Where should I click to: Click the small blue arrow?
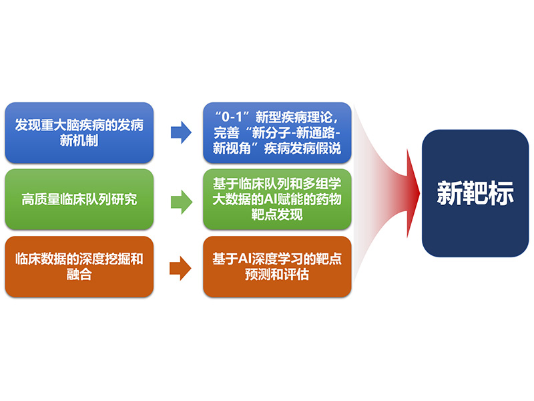[x=181, y=132]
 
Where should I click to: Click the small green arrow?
[x=182, y=202]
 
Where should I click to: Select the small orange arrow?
[x=180, y=269]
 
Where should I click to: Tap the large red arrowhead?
[x=413, y=193]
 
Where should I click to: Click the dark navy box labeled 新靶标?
[x=475, y=193]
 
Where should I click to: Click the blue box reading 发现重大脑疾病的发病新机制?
[x=79, y=132]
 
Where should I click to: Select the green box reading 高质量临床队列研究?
[x=79, y=199]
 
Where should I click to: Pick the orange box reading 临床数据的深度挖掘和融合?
[x=79, y=267]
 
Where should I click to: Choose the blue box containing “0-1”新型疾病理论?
[x=277, y=132]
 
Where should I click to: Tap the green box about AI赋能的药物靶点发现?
[x=277, y=199]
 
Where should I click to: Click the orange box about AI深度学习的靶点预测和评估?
[x=277, y=267]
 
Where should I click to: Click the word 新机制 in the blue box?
[x=79, y=140]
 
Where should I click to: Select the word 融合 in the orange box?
[x=79, y=274]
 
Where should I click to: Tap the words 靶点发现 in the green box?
[x=277, y=215]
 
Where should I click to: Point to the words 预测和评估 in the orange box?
[x=277, y=274]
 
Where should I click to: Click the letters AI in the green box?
[x=270, y=199]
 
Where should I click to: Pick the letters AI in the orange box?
[x=244, y=259]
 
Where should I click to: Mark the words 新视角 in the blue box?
[x=232, y=148]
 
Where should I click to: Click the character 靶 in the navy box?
[x=475, y=193]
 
